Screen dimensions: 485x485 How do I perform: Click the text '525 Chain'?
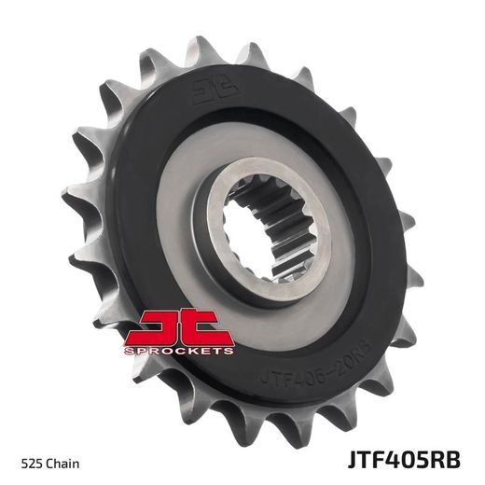[48, 463]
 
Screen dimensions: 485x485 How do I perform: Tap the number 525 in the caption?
[31, 463]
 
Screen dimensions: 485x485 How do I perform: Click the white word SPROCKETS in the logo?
[182, 351]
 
